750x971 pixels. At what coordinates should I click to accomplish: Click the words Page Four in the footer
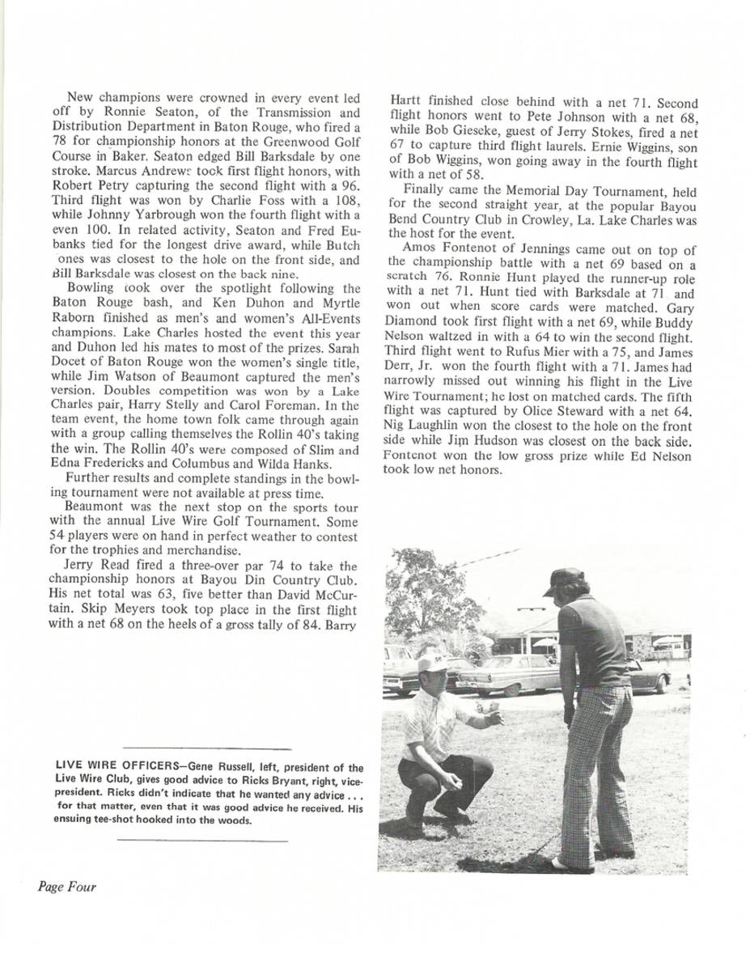66,887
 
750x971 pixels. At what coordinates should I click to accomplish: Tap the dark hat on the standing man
565,579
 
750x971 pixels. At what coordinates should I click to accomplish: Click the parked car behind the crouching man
506,674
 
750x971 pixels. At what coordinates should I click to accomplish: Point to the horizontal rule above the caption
204,748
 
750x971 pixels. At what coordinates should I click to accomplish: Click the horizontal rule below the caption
202,841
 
